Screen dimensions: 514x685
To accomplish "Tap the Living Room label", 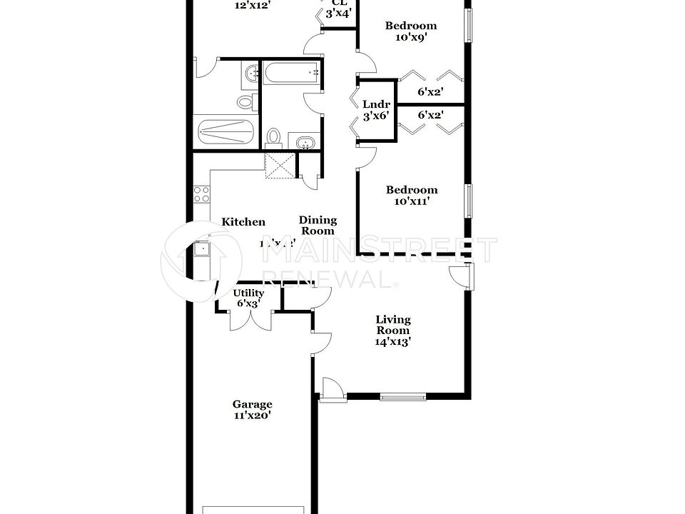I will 393,325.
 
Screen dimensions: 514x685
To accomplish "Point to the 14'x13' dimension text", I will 393,341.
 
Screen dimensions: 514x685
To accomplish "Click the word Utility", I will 248,293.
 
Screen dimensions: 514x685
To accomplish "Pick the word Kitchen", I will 243,222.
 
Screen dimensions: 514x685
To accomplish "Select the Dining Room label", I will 318,226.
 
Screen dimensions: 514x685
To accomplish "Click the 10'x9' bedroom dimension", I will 411,38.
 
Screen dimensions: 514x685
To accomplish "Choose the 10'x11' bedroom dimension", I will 412,201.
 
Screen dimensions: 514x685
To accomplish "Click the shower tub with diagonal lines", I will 226,133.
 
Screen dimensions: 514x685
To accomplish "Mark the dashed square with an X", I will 279,166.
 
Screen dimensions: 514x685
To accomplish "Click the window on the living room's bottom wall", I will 402,396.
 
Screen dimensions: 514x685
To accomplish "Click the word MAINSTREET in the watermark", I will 386,250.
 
